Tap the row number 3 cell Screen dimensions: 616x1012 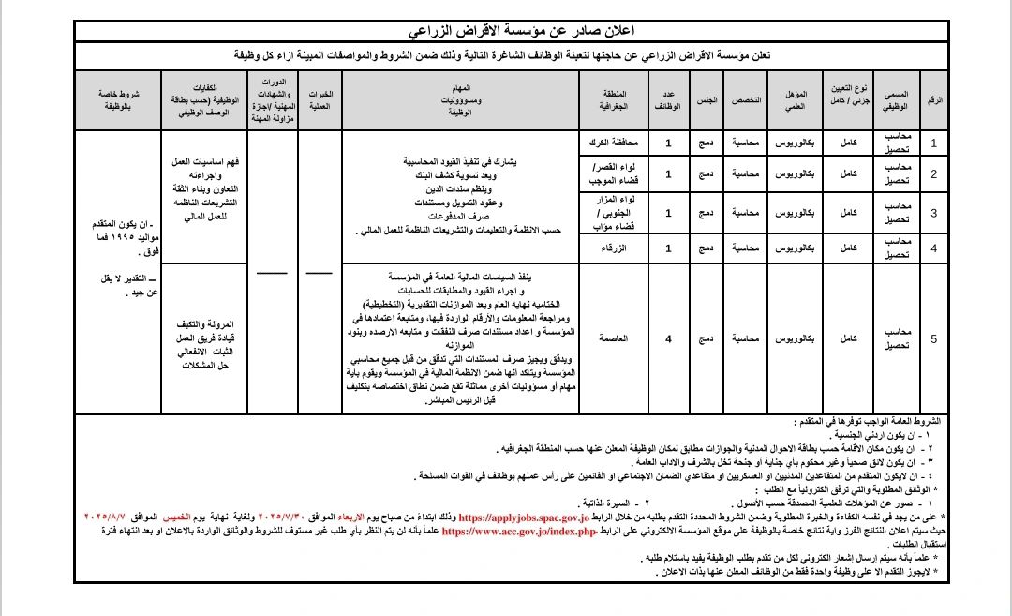tap(933, 213)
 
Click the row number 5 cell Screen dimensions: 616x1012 tap(933, 338)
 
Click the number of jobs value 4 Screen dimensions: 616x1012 tap(668, 338)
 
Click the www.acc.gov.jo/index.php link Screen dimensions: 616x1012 tap(519, 531)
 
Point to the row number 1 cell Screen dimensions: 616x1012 tap(933, 143)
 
